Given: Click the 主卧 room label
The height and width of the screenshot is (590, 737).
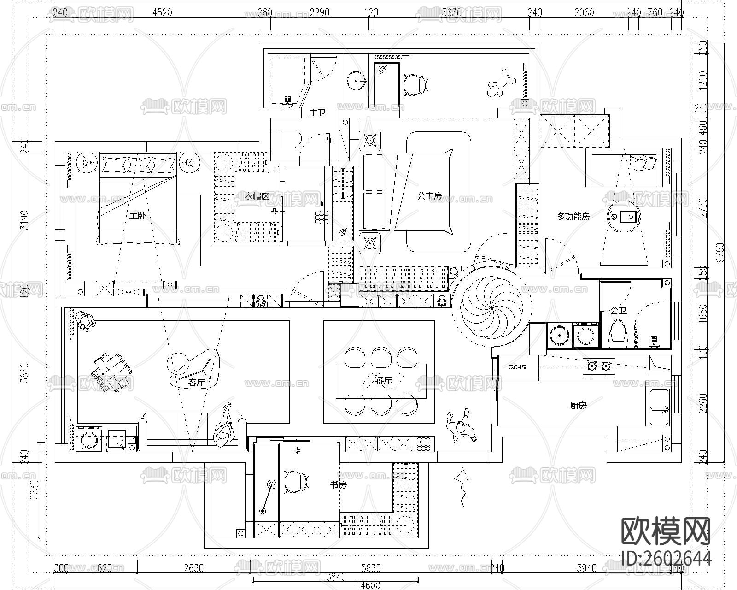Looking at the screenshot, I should [137, 215].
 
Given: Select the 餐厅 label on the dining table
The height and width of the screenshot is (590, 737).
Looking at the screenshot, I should [384, 381].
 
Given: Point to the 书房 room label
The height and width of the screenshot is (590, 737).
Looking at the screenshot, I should [338, 484].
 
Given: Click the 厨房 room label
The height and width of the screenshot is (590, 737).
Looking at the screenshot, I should [578, 406].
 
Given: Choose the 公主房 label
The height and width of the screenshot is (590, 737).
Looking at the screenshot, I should [429, 196].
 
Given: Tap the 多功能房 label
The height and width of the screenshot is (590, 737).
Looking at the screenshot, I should [573, 216].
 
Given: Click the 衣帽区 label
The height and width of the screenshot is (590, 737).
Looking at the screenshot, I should [257, 196].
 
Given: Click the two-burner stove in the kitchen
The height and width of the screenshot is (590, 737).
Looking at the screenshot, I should [599, 367].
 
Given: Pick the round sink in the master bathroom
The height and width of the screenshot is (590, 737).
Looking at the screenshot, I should [356, 81].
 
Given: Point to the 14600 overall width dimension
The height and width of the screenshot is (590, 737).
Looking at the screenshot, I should [368, 585].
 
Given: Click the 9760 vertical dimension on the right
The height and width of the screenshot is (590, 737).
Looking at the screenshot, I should [720, 252].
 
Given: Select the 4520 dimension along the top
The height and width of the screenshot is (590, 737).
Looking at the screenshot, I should [162, 12].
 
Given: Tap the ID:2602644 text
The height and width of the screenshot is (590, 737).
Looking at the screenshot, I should [666, 559].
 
